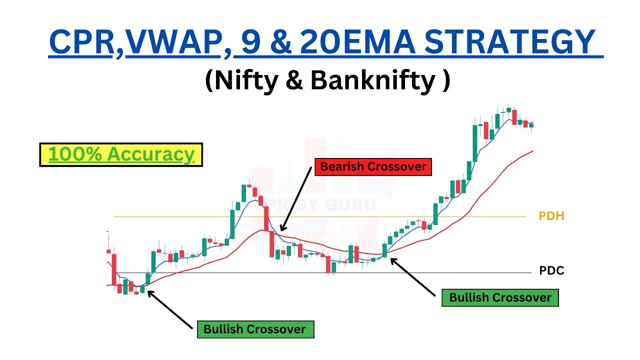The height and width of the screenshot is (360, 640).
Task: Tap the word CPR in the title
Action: (81, 42)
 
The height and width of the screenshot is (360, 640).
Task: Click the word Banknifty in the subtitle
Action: (372, 81)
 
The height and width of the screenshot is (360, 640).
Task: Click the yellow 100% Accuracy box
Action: (121, 154)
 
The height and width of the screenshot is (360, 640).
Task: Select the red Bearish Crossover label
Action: (372, 166)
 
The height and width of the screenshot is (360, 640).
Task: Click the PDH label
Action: (551, 216)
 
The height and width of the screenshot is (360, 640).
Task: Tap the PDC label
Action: (551, 271)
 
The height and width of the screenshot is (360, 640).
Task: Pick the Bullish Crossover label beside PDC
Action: (500, 297)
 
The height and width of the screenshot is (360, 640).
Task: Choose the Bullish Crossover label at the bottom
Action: (254, 329)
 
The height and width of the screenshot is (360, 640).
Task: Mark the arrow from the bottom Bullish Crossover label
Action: (170, 310)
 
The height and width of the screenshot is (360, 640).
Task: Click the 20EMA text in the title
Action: (354, 42)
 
